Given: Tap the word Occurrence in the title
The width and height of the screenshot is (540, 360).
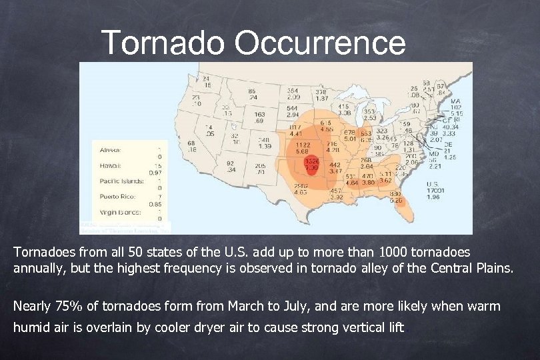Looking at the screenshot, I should (319, 43).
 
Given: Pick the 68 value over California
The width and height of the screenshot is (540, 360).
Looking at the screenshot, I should (191, 143).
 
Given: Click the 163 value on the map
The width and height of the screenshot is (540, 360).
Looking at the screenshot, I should (260, 115).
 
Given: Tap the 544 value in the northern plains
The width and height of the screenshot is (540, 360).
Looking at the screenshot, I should (292, 108).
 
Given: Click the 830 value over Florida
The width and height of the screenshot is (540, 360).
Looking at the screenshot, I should (395, 193).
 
